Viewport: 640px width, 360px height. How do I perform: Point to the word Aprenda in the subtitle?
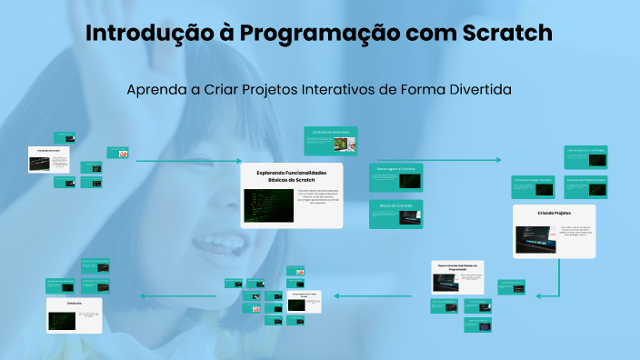click(156, 91)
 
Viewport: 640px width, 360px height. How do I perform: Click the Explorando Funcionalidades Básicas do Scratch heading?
click(291, 175)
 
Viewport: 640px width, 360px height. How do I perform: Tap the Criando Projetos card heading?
click(554, 213)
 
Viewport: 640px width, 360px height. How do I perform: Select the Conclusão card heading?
click(75, 303)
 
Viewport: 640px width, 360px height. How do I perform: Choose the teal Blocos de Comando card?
click(395, 213)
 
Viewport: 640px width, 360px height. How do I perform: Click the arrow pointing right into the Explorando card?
click(187, 161)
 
